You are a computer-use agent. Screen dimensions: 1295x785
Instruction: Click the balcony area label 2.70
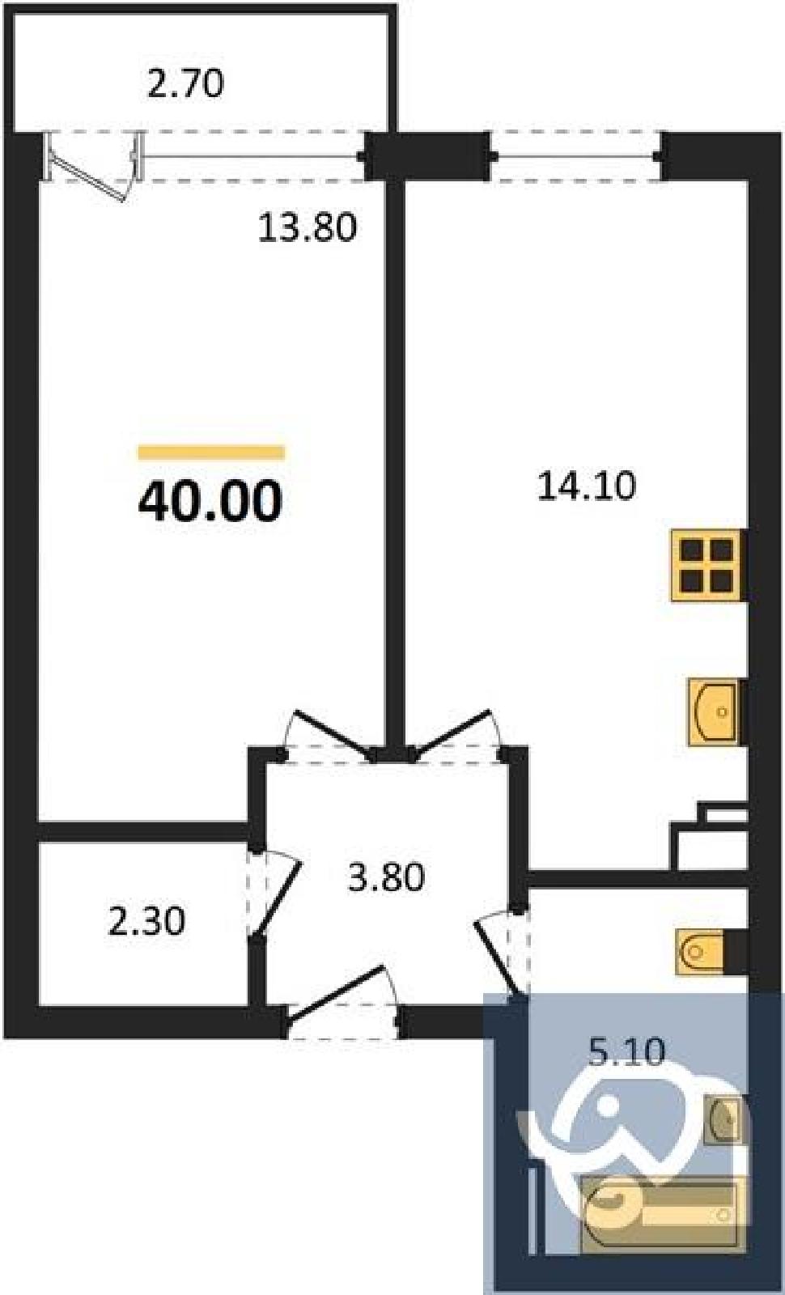[185, 83]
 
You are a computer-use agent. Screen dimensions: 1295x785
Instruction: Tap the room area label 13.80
[307, 227]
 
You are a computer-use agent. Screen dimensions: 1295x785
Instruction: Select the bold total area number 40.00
[210, 501]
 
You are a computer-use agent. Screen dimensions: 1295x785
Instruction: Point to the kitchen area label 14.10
[587, 486]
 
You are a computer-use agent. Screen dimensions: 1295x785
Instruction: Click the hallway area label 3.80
[386, 877]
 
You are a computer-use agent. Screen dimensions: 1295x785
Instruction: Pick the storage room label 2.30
[146, 921]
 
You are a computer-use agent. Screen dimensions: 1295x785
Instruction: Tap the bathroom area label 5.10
[626, 1052]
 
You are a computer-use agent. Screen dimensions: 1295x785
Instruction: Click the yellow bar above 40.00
[211, 452]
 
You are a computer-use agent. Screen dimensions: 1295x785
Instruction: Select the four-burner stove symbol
[706, 566]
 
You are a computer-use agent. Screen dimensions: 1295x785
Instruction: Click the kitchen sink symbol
[715, 712]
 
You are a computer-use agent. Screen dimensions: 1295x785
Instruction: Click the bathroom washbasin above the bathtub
[723, 1119]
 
